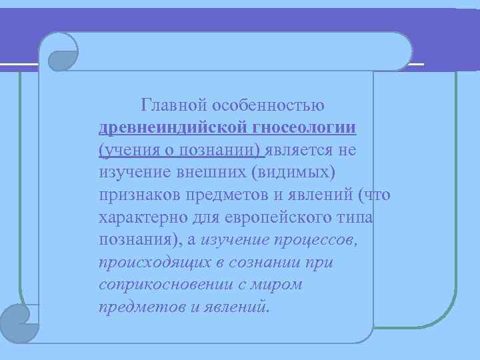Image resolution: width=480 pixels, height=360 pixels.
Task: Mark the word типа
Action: click(x=353, y=218)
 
